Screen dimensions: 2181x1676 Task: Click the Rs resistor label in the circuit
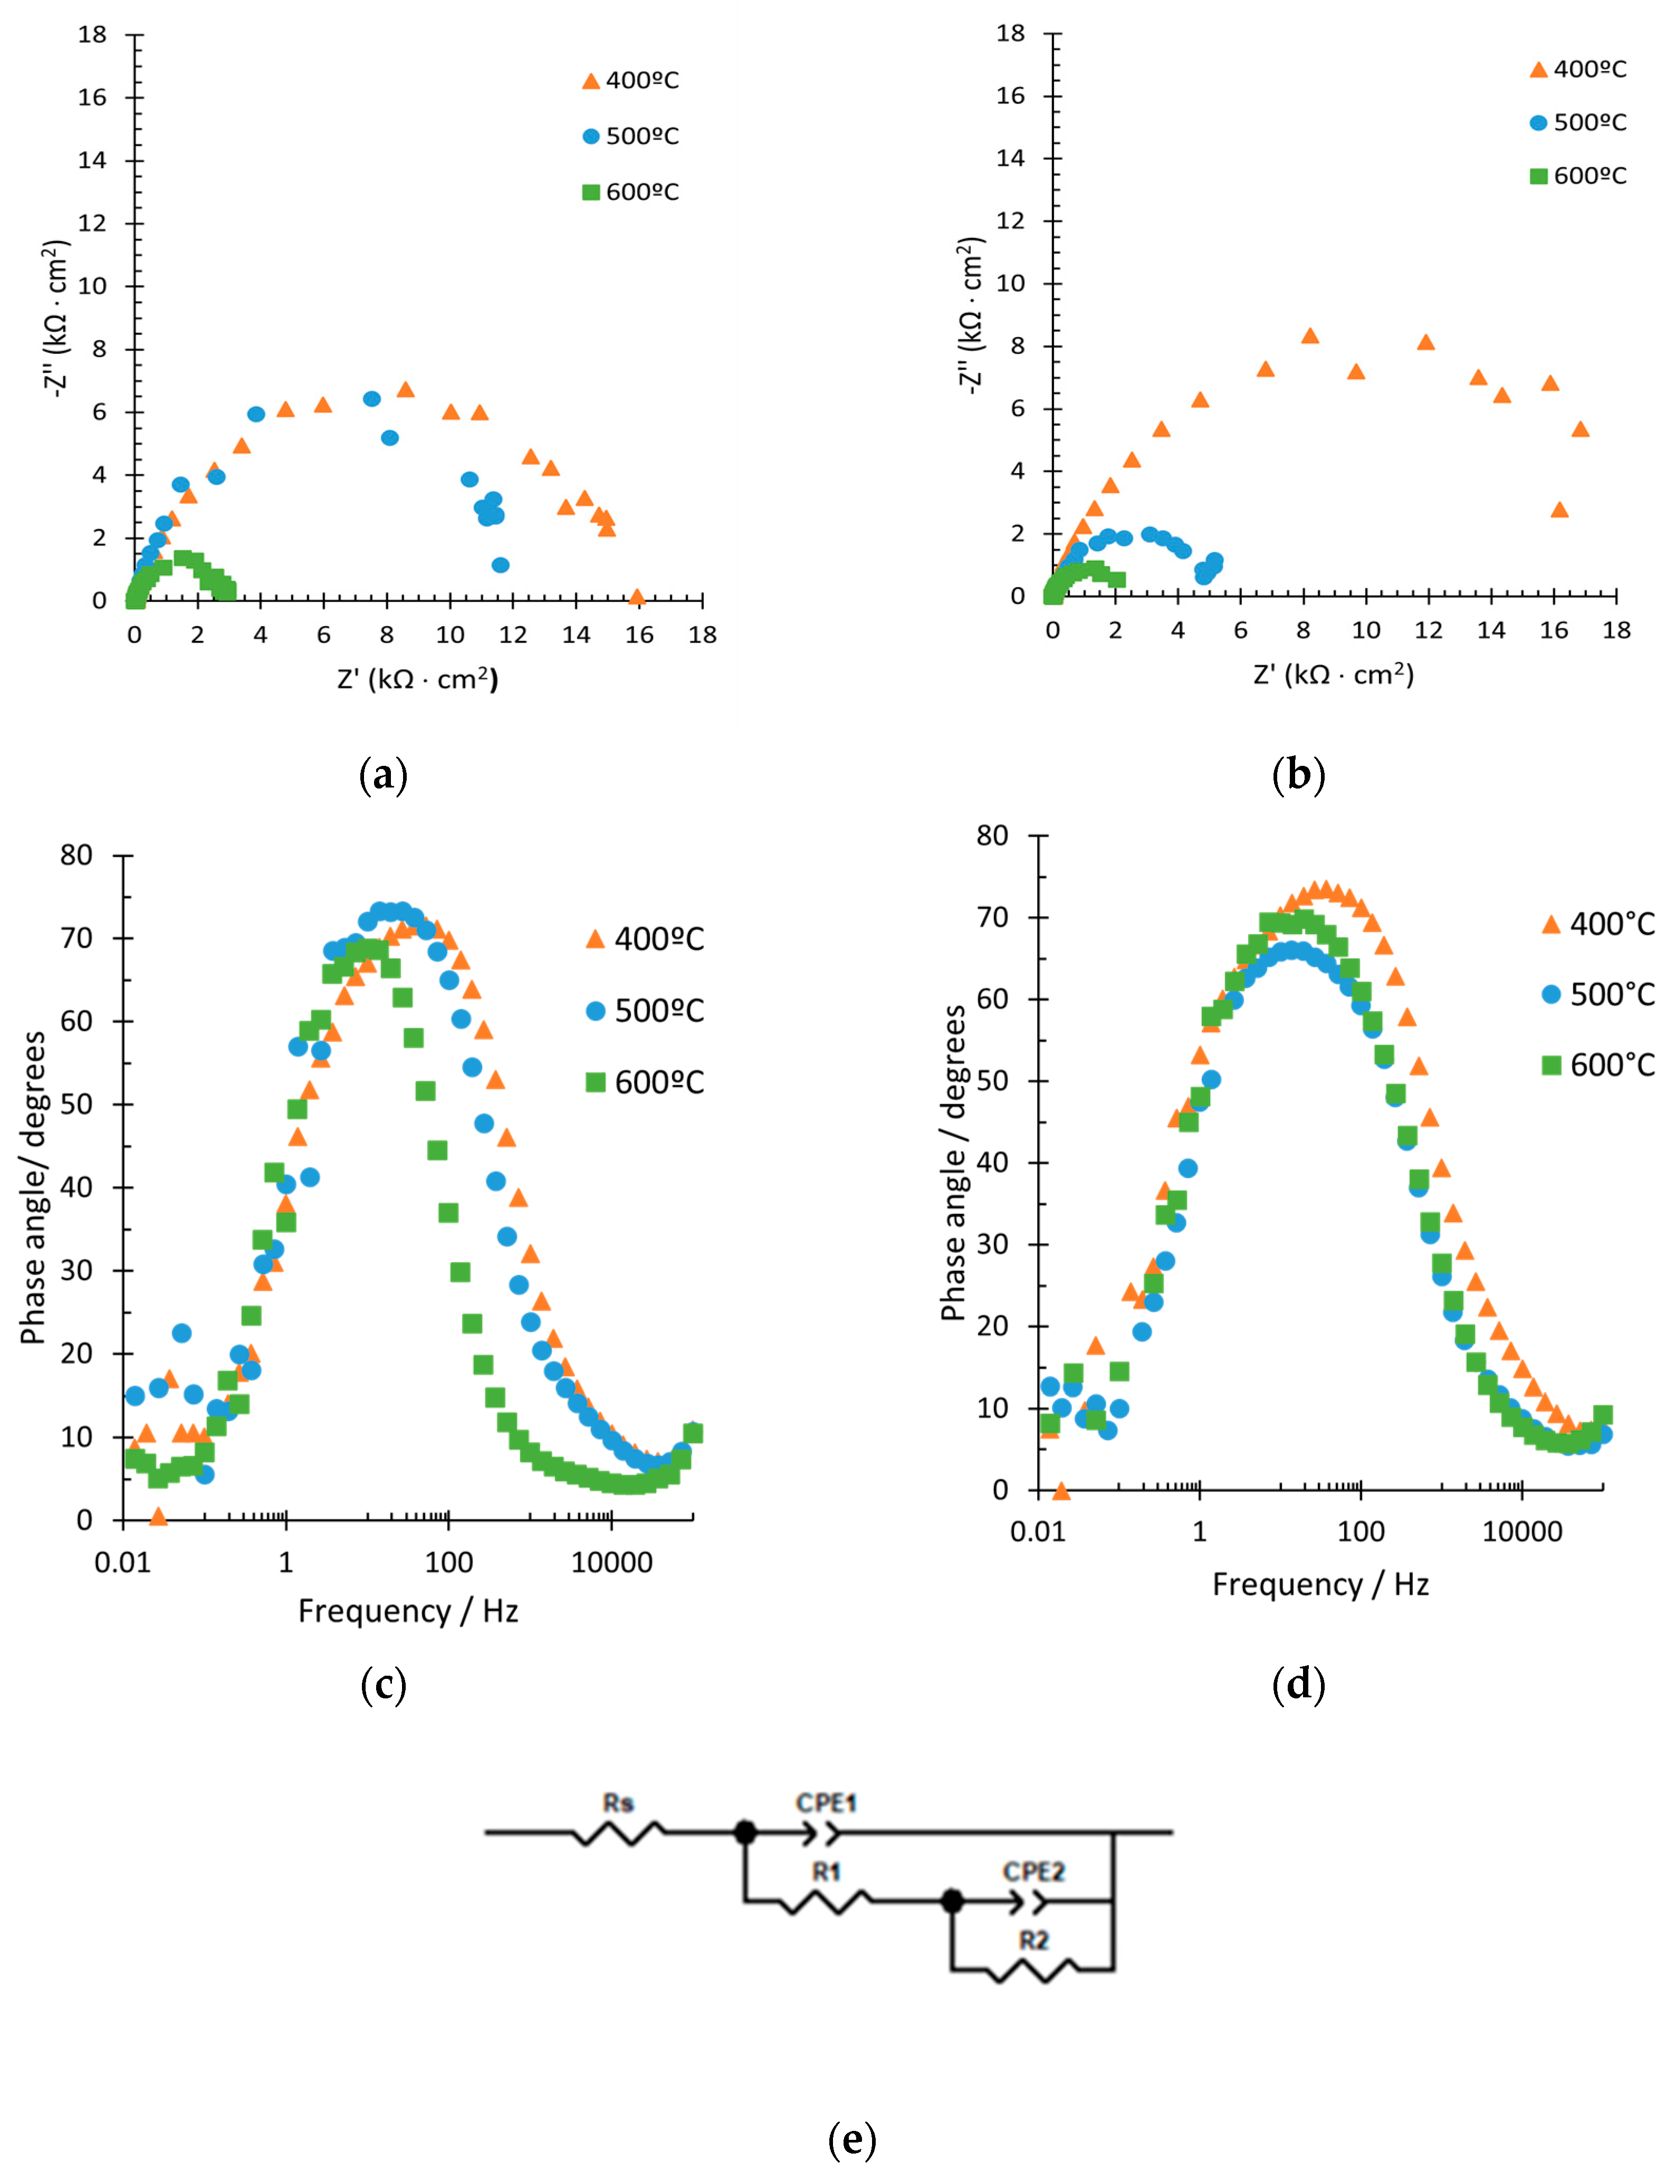point(618,1803)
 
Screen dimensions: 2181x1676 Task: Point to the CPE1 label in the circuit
point(826,1803)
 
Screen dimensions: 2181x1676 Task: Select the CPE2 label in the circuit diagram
point(1033,1872)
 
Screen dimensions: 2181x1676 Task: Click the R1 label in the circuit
point(826,1872)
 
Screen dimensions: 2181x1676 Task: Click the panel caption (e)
point(852,2139)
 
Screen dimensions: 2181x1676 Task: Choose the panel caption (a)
point(383,775)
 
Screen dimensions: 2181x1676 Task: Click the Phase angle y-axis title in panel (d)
point(955,1162)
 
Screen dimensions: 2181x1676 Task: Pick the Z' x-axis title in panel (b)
point(1333,675)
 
